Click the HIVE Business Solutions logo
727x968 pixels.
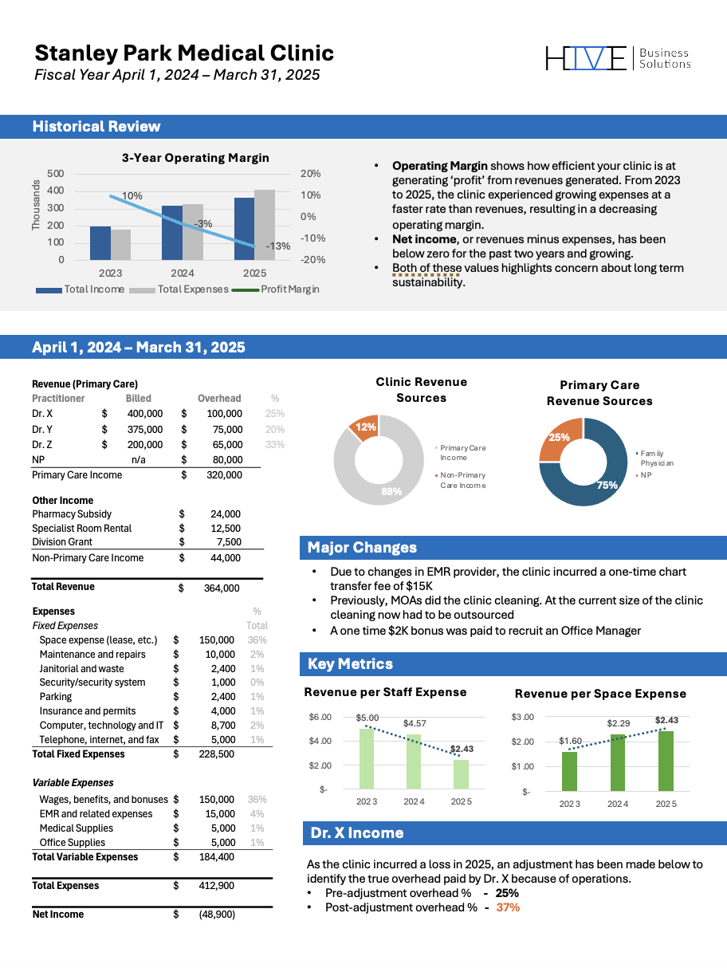click(x=618, y=58)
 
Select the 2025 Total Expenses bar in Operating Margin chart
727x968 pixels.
click(x=265, y=225)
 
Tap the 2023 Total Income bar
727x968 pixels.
click(x=100, y=243)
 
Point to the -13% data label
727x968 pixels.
click(x=278, y=246)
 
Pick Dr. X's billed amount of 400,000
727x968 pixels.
click(x=144, y=414)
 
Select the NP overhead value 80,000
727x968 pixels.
click(x=226, y=460)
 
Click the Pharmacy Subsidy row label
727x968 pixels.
click(x=72, y=514)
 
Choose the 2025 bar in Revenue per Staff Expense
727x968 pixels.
click(x=461, y=773)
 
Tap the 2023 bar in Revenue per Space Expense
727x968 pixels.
click(x=569, y=770)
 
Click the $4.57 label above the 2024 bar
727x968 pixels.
click(x=415, y=723)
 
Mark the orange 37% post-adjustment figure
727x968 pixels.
click(x=508, y=907)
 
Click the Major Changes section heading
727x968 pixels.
click(x=362, y=548)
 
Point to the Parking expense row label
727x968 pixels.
click(x=55, y=697)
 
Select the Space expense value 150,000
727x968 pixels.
click(x=217, y=640)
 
